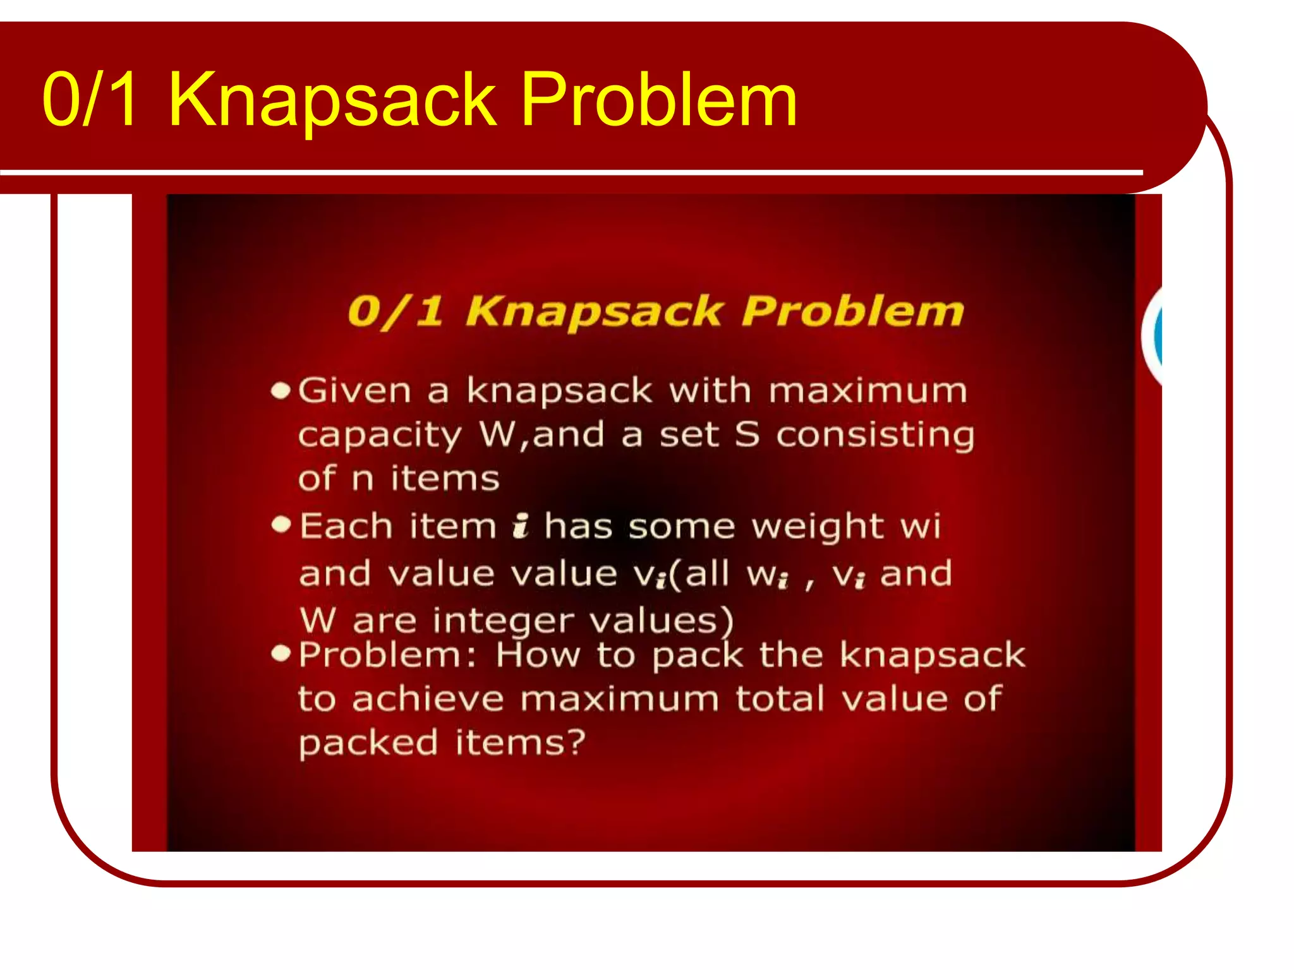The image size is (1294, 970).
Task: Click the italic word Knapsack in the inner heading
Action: (x=593, y=311)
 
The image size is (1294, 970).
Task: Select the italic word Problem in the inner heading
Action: (x=852, y=311)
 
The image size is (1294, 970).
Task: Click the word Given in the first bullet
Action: (x=354, y=391)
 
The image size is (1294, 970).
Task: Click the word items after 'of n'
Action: (x=445, y=479)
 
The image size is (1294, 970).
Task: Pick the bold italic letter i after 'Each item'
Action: (x=520, y=526)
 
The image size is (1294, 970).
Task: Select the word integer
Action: (x=503, y=621)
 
